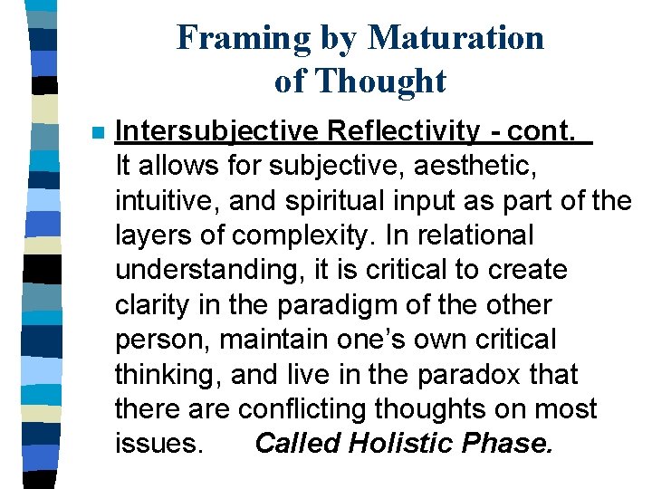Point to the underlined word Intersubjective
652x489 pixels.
[x=216, y=132]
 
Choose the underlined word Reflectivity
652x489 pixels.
[x=403, y=132]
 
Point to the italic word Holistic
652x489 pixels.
[x=399, y=444]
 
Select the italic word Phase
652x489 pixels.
[x=511, y=444]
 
